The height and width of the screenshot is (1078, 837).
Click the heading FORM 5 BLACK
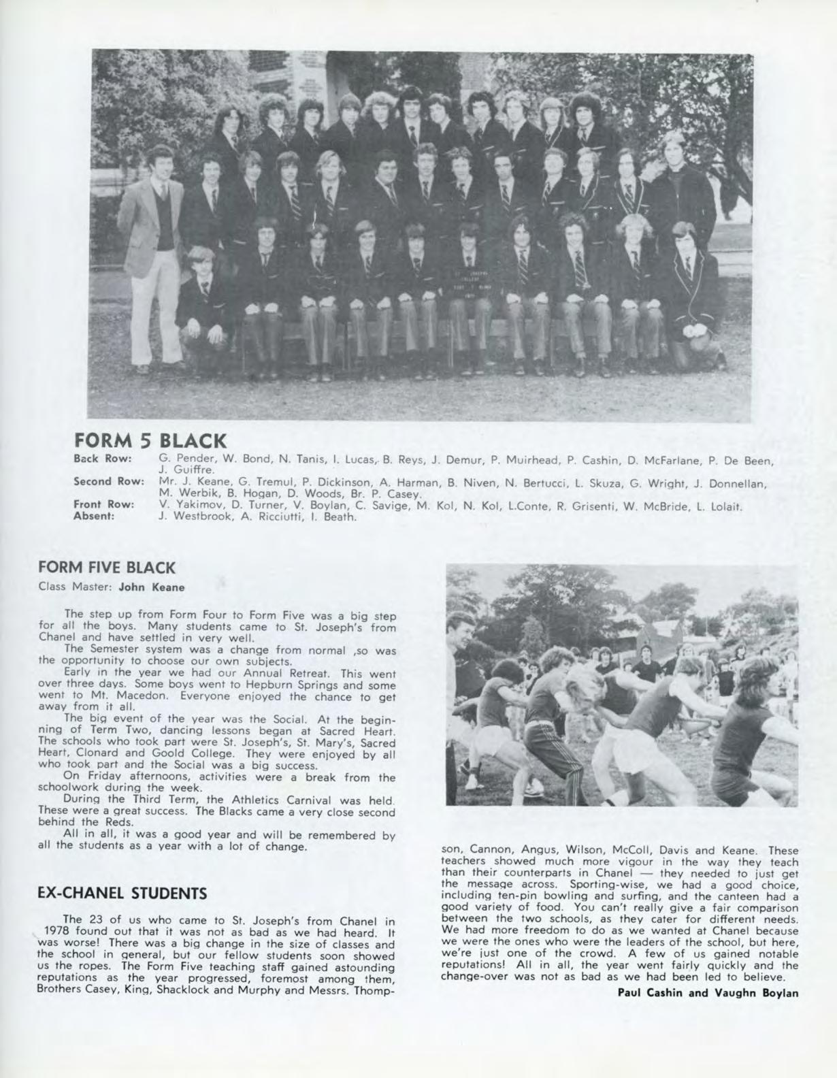[x=150, y=441]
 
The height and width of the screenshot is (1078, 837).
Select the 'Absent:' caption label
[x=93, y=517]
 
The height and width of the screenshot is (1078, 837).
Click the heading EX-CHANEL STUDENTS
[x=122, y=892]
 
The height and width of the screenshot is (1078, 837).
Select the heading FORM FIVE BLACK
[x=108, y=567]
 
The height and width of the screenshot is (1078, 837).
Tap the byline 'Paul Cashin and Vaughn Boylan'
[x=708, y=992]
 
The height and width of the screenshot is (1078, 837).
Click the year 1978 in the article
[x=58, y=930]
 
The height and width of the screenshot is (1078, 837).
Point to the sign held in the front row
[x=470, y=279]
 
